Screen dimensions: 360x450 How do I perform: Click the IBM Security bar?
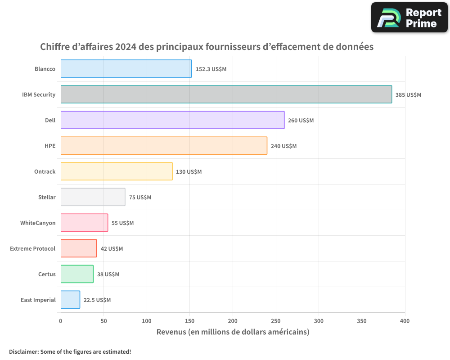coord(226,94)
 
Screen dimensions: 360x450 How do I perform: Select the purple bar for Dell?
coord(172,120)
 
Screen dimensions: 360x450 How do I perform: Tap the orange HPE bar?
coord(164,146)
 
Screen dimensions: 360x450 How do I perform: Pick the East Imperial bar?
coord(70,300)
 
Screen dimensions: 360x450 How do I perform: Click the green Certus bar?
coord(77,274)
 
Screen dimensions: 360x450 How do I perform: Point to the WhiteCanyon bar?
coord(84,223)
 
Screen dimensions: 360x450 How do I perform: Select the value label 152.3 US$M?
coord(211,69)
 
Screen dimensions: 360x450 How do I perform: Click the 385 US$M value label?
coord(408,95)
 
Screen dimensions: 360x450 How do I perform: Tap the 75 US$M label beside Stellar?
coord(140,198)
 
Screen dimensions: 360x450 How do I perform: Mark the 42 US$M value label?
coord(112,249)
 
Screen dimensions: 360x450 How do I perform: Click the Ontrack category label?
coord(45,171)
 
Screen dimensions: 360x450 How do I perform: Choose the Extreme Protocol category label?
coord(33,248)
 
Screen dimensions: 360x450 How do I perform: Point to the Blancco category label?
coord(45,69)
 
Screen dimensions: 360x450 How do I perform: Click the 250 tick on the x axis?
coord(276,321)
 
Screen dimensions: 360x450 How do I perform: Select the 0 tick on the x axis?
coord(61,321)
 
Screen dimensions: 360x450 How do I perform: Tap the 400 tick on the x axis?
coord(405,321)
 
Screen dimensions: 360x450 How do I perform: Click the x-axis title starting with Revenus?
coord(233,332)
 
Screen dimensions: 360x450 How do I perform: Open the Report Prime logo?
coord(409,18)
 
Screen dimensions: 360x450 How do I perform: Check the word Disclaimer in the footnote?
coord(23,351)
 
